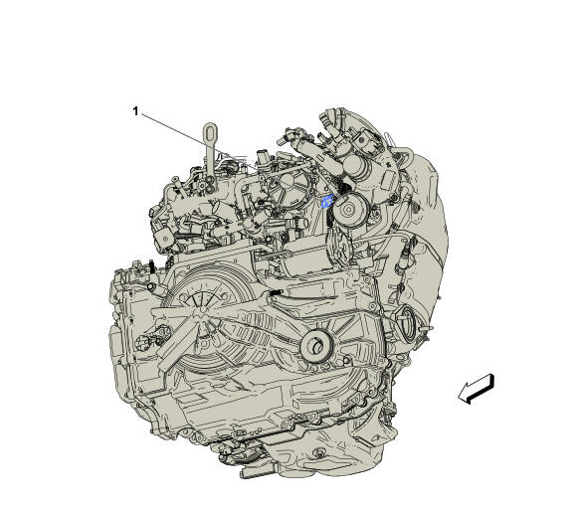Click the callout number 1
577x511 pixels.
135,111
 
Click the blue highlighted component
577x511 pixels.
326,201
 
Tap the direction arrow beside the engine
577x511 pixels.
476,389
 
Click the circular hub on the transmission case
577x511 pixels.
316,346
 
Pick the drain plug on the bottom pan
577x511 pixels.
318,451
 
